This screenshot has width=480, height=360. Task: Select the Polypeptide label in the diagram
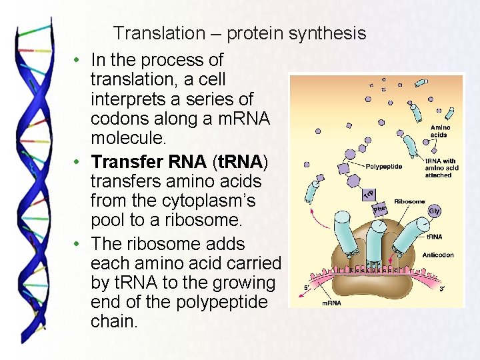383,166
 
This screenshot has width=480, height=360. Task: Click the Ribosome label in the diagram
409,201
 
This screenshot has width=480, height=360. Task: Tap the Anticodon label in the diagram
438,255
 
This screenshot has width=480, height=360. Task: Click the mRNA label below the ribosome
331,303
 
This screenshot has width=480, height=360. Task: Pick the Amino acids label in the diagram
440,131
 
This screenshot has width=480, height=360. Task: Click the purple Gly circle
434,211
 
